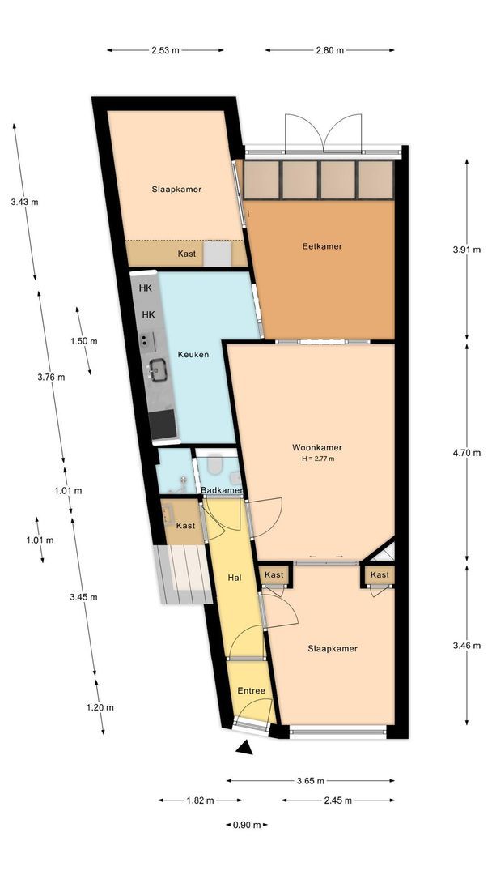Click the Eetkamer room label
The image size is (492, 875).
pyautogui.click(x=322, y=246)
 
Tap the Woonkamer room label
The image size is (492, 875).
pyautogui.click(x=317, y=447)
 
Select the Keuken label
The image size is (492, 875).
pyautogui.click(x=193, y=354)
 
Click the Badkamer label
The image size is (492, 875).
pyautogui.click(x=222, y=490)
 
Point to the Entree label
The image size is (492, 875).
pyautogui.click(x=252, y=691)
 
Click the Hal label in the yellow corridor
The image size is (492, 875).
pyautogui.click(x=235, y=578)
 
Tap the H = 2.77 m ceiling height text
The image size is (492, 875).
pyautogui.click(x=317, y=459)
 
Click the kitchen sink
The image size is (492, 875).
pyautogui.click(x=159, y=369)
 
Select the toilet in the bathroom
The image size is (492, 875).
pyautogui.click(x=214, y=463)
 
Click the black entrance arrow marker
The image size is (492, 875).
pyautogui.click(x=244, y=748)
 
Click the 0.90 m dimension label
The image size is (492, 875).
pyautogui.click(x=247, y=825)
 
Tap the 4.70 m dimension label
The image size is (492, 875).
pyautogui.click(x=466, y=453)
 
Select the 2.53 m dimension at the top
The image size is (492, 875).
pyautogui.click(x=166, y=50)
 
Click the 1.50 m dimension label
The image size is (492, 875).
pyautogui.click(x=83, y=341)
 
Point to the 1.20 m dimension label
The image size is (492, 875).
pyautogui.click(x=100, y=707)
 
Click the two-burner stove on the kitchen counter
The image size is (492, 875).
pyautogui.click(x=147, y=339)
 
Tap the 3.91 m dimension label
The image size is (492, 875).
pyautogui.click(x=466, y=250)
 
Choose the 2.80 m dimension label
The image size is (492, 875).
pyautogui.click(x=330, y=50)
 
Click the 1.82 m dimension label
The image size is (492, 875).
pyautogui.click(x=200, y=800)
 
